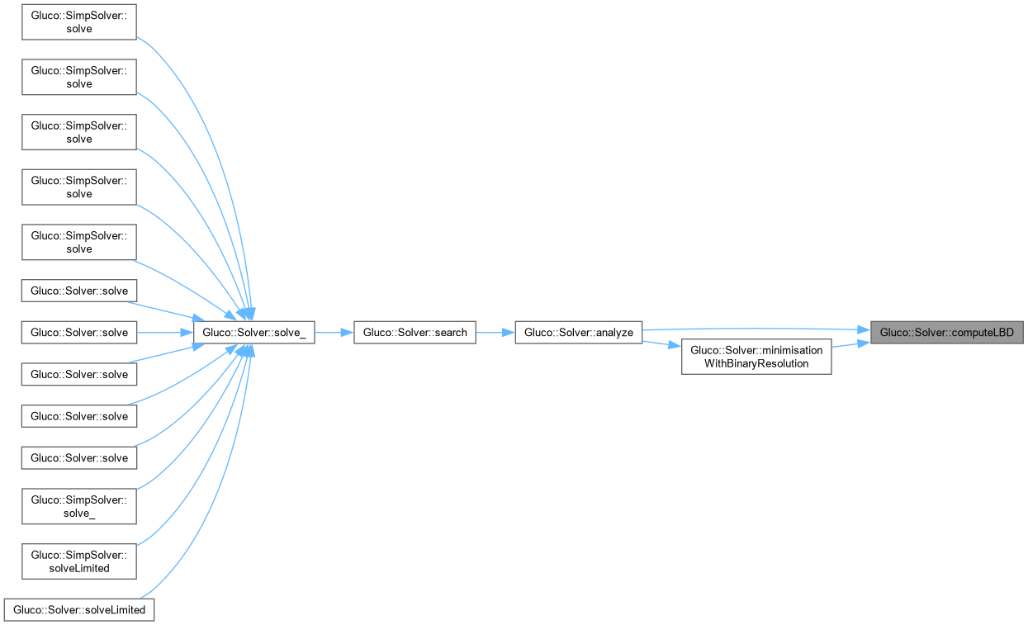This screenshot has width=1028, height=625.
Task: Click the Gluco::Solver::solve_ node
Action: (253, 333)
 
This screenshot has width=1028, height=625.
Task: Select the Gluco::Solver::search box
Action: (415, 333)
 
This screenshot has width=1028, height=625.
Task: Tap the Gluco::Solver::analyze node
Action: (578, 333)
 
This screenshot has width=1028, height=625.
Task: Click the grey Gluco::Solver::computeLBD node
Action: (946, 333)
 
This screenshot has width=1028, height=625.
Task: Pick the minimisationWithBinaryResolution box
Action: (756, 357)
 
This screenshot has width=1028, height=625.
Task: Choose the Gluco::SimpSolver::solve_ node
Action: (78, 505)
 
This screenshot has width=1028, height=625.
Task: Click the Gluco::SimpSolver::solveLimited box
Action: (78, 561)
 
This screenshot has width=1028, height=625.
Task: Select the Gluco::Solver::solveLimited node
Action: (79, 610)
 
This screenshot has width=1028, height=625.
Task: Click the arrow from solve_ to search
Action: (334, 333)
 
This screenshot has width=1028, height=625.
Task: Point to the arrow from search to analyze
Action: (495, 333)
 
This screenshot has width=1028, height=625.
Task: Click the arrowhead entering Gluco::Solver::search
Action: (348, 333)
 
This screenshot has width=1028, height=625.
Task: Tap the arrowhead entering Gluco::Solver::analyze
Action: (509, 333)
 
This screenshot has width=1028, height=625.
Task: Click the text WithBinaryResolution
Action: (756, 363)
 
